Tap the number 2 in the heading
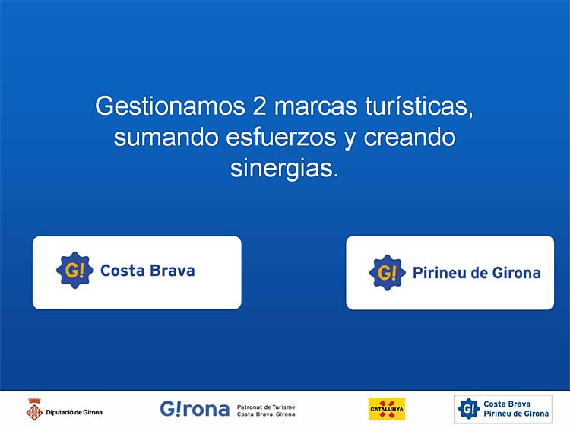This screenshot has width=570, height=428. pyautogui.click(x=259, y=106)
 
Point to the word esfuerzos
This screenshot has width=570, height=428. pyautogui.click(x=280, y=137)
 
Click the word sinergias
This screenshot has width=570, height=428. pyautogui.click(x=284, y=168)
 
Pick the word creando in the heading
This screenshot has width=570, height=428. pyautogui.click(x=410, y=137)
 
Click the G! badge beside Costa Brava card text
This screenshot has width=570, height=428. pyautogui.click(x=75, y=270)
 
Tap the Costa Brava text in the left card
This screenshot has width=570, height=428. pyautogui.click(x=147, y=271)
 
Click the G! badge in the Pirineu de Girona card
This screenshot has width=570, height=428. pyautogui.click(x=387, y=273)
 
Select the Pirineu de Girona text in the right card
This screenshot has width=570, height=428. pyautogui.click(x=477, y=273)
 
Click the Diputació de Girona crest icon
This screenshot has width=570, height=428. pyautogui.click(x=34, y=410)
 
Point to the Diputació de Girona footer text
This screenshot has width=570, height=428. pyautogui.click(x=74, y=412)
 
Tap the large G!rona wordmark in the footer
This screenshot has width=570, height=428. pyautogui.click(x=195, y=409)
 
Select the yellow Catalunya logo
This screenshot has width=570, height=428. pyautogui.click(x=387, y=409)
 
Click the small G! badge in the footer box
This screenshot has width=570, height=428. pyautogui.click(x=469, y=409)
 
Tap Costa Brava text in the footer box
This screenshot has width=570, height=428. pyautogui.click(x=507, y=404)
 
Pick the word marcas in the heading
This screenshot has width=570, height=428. pyautogui.click(x=316, y=106)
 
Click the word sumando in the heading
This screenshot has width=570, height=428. pyautogui.click(x=166, y=137)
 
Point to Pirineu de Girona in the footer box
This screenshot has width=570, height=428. pyautogui.click(x=516, y=414)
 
